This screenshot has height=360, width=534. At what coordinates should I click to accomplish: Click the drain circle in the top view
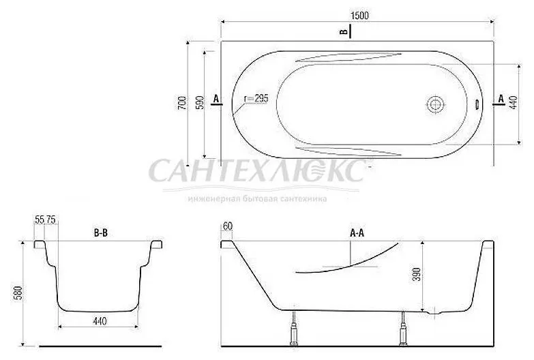(435, 105)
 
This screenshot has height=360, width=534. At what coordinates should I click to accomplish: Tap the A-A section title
(357, 233)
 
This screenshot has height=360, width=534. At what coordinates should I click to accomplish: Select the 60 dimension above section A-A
(227, 226)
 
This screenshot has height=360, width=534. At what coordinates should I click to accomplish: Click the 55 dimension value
(39, 220)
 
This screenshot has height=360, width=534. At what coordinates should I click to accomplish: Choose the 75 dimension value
(52, 220)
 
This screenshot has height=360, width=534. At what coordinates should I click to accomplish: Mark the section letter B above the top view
(344, 31)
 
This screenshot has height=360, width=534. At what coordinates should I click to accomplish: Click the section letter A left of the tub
(216, 100)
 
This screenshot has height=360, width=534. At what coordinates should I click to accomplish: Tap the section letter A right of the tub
(501, 100)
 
